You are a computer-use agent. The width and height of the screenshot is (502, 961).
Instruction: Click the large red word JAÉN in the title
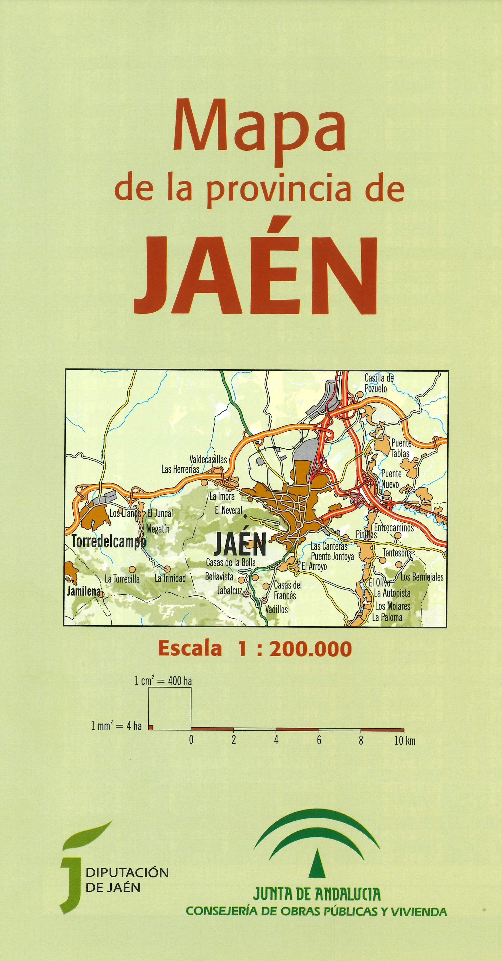click(x=256, y=276)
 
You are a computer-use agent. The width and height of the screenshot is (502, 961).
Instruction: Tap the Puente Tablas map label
click(x=401, y=448)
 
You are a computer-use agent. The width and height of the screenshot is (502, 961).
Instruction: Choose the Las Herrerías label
click(x=180, y=469)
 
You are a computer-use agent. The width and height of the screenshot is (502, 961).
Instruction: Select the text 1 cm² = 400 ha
click(x=163, y=681)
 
